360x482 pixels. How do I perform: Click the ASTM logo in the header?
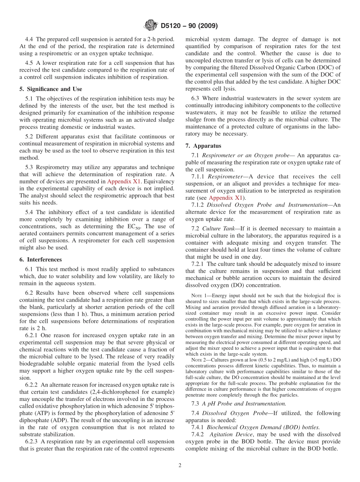coord(151,26)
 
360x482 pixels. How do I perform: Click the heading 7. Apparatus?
coord(203,146)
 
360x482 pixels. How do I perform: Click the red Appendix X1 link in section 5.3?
coord(124,182)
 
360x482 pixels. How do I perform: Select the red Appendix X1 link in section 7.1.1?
coord(225,198)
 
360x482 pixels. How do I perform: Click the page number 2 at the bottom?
coord(180,465)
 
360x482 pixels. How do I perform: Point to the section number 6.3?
coord(196,98)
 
